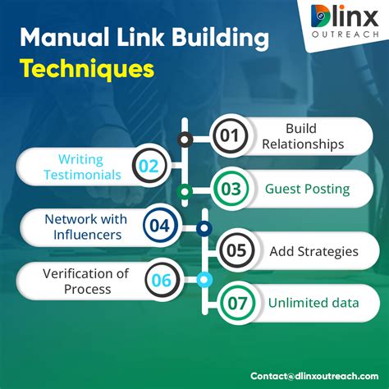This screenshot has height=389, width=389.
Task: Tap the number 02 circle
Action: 149,167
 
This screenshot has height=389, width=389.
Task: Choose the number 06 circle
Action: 161,281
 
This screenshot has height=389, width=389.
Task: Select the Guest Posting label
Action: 307,190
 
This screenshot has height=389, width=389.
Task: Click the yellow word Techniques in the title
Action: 88,69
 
